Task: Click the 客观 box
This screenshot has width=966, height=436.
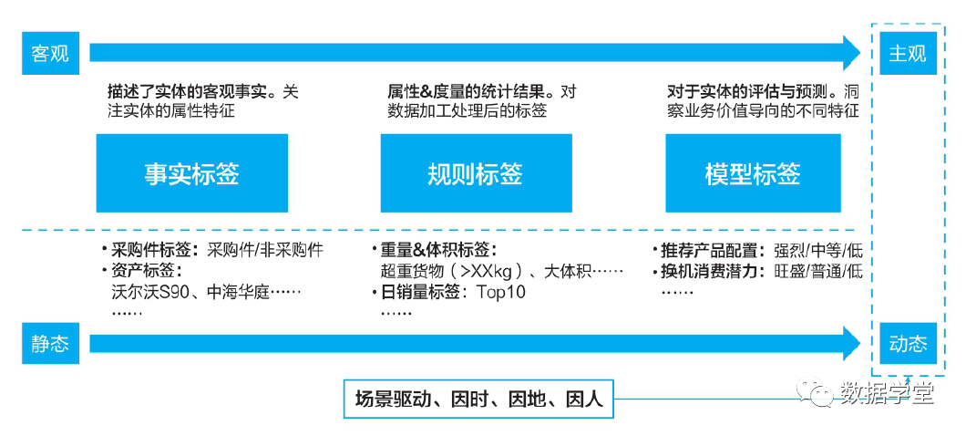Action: pyautogui.click(x=50, y=54)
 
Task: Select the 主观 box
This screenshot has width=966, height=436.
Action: pyautogui.click(x=908, y=54)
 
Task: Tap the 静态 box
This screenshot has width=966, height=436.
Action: pyautogui.click(x=50, y=344)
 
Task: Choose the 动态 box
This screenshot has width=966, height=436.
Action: pyautogui.click(x=908, y=344)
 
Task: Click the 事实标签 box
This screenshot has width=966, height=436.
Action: pyautogui.click(x=191, y=173)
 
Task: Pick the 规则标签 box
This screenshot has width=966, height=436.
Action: pyautogui.click(x=475, y=173)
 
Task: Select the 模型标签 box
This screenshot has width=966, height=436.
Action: pyautogui.click(x=753, y=173)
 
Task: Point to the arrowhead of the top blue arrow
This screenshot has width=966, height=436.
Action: pyautogui.click(x=851, y=54)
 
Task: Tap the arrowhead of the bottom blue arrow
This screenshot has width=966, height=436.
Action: pyautogui.click(x=851, y=344)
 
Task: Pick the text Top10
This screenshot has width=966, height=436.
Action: pyautogui.click(x=501, y=293)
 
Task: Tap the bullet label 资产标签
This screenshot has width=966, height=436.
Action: pyautogui.click(x=146, y=271)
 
